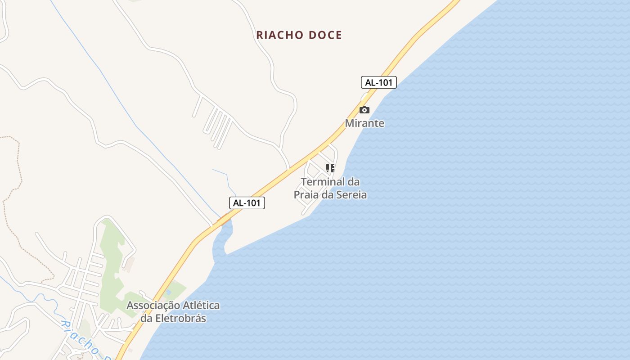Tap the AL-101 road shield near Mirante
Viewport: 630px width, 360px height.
(x=378, y=82)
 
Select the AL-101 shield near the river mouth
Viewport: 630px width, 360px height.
(x=247, y=203)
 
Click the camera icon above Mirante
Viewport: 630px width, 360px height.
(x=364, y=110)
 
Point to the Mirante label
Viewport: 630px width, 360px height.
(x=364, y=123)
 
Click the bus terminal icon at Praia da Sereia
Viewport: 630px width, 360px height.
(x=330, y=168)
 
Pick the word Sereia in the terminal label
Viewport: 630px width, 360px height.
(x=350, y=195)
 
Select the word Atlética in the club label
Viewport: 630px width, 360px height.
(x=201, y=305)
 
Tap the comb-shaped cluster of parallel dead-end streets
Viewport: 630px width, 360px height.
(x=216, y=124)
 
